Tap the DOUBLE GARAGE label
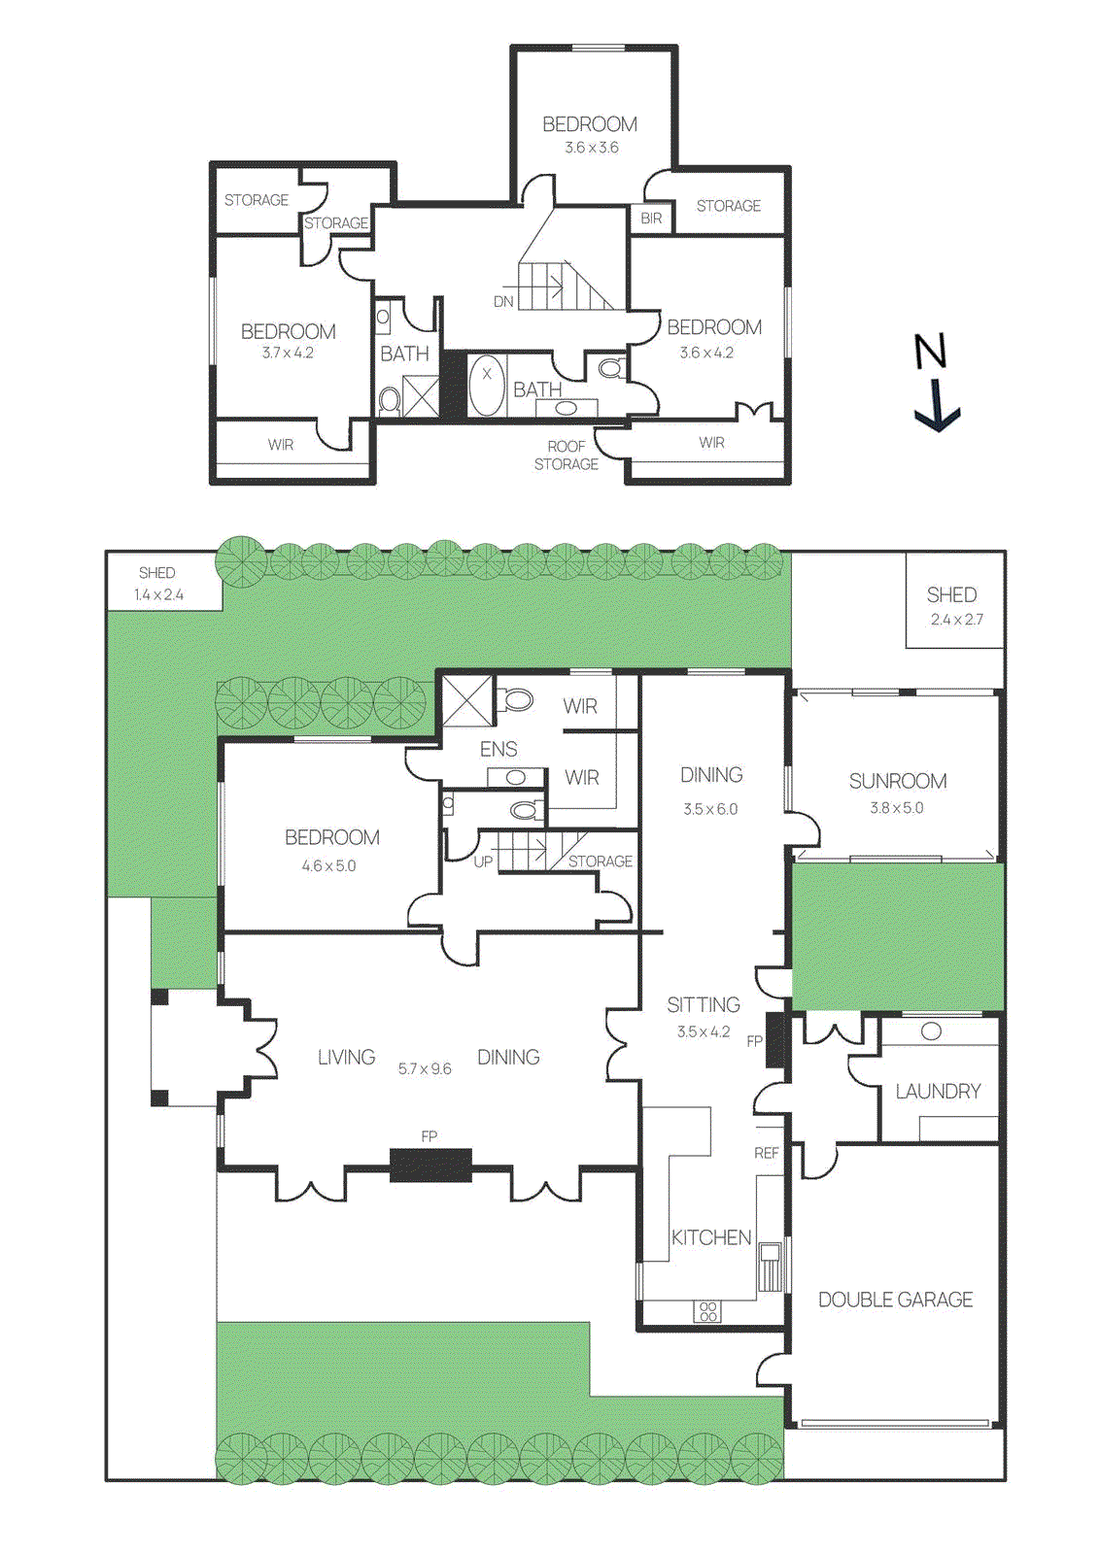point(895,1300)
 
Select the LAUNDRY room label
point(938,1091)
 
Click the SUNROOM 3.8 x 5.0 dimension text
point(896,807)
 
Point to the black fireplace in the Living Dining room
point(430,1164)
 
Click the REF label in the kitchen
point(767,1153)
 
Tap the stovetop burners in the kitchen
point(708,1311)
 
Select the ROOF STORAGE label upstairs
point(567,456)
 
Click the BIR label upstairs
point(651,219)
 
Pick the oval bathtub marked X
point(487,385)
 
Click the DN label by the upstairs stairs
point(503,302)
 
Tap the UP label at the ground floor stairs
point(483,861)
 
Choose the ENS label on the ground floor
point(498,749)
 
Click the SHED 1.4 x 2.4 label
point(158,584)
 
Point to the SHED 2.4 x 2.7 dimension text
point(956,620)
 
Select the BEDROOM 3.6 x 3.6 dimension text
point(591,148)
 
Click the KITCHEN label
point(711,1237)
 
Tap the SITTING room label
point(704,1004)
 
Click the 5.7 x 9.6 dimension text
point(425,1068)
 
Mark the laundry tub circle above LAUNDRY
point(931,1031)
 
